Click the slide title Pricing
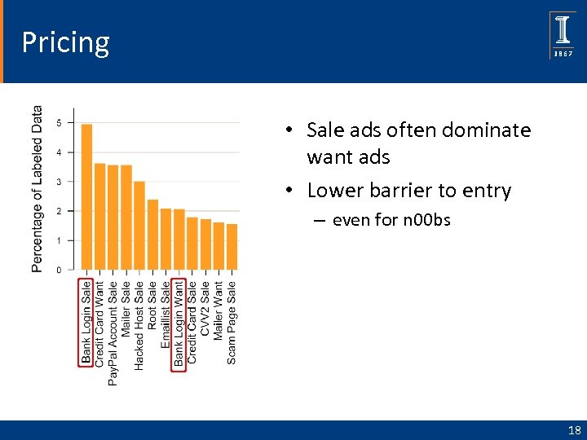(65, 42)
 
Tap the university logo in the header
(563, 35)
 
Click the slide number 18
(574, 430)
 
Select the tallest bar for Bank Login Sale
(87, 196)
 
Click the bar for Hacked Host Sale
(139, 225)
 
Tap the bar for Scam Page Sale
(232, 246)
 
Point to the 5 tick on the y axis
(59, 123)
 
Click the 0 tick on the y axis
(59, 270)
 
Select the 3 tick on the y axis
(59, 182)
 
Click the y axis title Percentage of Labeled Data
(38, 188)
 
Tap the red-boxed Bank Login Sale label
(86, 323)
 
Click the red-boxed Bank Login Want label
(179, 323)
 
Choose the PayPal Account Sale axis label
(113, 332)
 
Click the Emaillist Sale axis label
(166, 315)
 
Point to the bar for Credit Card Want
(100, 216)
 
